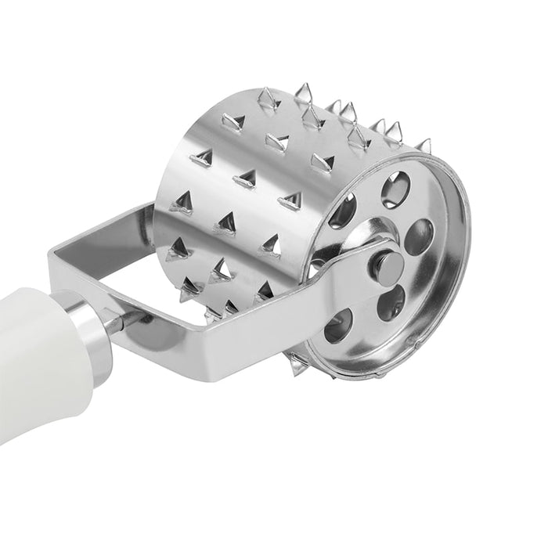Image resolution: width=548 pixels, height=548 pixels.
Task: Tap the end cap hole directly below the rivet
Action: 391,302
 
